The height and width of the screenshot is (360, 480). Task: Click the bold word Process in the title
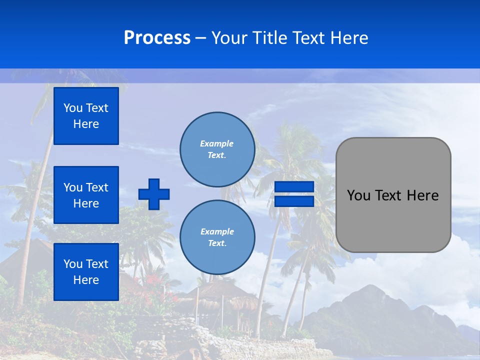coord(157,38)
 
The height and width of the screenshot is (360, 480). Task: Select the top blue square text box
coord(86,116)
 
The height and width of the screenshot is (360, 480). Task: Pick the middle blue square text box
coord(86,195)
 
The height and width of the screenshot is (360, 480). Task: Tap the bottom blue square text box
coord(86,272)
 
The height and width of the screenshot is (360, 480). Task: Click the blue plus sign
coord(154,194)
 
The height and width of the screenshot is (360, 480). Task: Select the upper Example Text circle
coord(217,149)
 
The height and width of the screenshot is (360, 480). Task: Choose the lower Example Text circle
coord(217,237)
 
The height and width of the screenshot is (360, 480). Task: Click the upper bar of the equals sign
coord(294,187)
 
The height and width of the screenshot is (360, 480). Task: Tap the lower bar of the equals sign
coord(294,201)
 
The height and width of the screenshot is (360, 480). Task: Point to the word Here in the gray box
coord(422,195)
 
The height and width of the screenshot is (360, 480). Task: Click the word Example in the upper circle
coord(217,143)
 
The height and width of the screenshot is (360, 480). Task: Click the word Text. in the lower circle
coord(217,243)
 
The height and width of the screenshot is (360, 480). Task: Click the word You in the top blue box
coord(73,108)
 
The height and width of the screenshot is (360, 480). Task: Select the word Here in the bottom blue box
coord(86,280)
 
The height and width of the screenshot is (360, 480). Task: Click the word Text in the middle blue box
coord(96,187)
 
